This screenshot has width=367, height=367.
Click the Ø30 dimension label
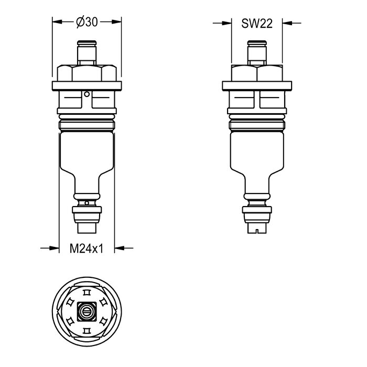click(x=87, y=23)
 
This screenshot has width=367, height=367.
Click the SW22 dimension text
click(x=257, y=24)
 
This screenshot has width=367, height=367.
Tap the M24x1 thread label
click(x=87, y=249)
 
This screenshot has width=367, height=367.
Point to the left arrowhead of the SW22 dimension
click(x=226, y=23)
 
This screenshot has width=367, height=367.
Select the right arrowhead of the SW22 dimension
click(x=287, y=23)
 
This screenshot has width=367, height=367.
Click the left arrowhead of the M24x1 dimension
click(x=54, y=248)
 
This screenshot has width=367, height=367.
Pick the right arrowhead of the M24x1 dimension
click(x=120, y=248)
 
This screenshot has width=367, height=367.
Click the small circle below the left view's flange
click(x=87, y=94)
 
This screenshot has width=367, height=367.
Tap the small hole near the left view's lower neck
click(x=87, y=203)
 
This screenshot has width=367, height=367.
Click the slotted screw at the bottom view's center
click(x=87, y=311)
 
